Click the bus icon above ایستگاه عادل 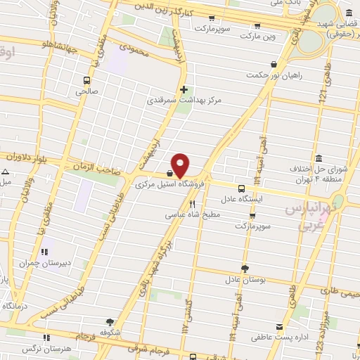point(242,188)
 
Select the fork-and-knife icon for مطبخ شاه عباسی point(192,204)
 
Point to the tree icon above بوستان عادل point(244,268)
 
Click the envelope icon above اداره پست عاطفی point(280,328)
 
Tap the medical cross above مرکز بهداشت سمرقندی point(184,89)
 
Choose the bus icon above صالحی point(86,80)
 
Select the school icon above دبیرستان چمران point(46,251)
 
